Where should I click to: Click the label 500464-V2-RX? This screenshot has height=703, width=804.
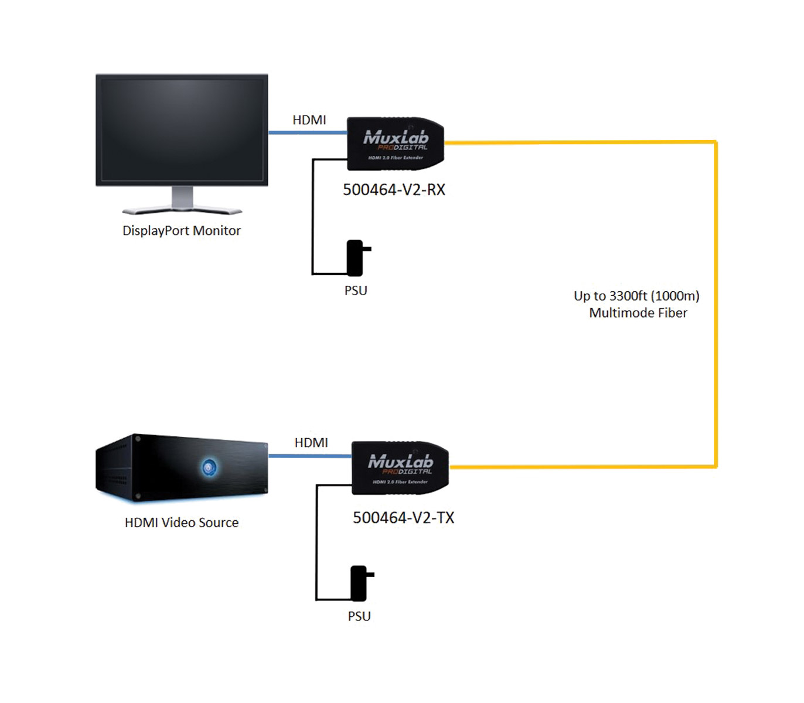click(x=394, y=190)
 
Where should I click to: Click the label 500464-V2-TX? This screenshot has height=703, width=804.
click(x=403, y=518)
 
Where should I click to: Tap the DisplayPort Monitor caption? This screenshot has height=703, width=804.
click(x=181, y=231)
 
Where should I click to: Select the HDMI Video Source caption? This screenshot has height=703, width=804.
click(x=181, y=523)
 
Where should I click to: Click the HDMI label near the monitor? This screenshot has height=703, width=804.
click(x=309, y=120)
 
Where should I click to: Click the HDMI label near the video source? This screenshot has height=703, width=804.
click(x=311, y=443)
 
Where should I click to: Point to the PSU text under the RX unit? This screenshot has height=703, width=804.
click(x=356, y=291)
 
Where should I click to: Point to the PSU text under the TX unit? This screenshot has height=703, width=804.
click(x=359, y=616)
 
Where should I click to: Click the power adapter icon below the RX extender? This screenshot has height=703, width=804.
click(x=356, y=258)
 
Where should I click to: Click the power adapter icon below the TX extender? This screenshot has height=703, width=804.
click(x=359, y=583)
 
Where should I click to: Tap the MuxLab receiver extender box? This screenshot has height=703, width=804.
click(x=396, y=144)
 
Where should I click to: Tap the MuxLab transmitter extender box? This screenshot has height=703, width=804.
click(x=400, y=468)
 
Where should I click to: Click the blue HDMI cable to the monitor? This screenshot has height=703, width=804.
click(x=308, y=133)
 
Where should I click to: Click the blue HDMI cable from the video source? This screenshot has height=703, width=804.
click(x=309, y=456)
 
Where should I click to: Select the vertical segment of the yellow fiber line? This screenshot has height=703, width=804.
click(x=716, y=305)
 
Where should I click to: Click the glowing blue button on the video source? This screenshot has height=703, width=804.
click(x=209, y=467)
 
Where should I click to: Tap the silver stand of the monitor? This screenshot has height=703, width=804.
click(x=182, y=202)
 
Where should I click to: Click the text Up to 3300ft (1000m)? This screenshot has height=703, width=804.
click(x=636, y=296)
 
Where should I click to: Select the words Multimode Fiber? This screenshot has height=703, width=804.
click(x=638, y=313)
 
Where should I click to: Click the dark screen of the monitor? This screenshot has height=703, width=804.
click(x=182, y=129)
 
